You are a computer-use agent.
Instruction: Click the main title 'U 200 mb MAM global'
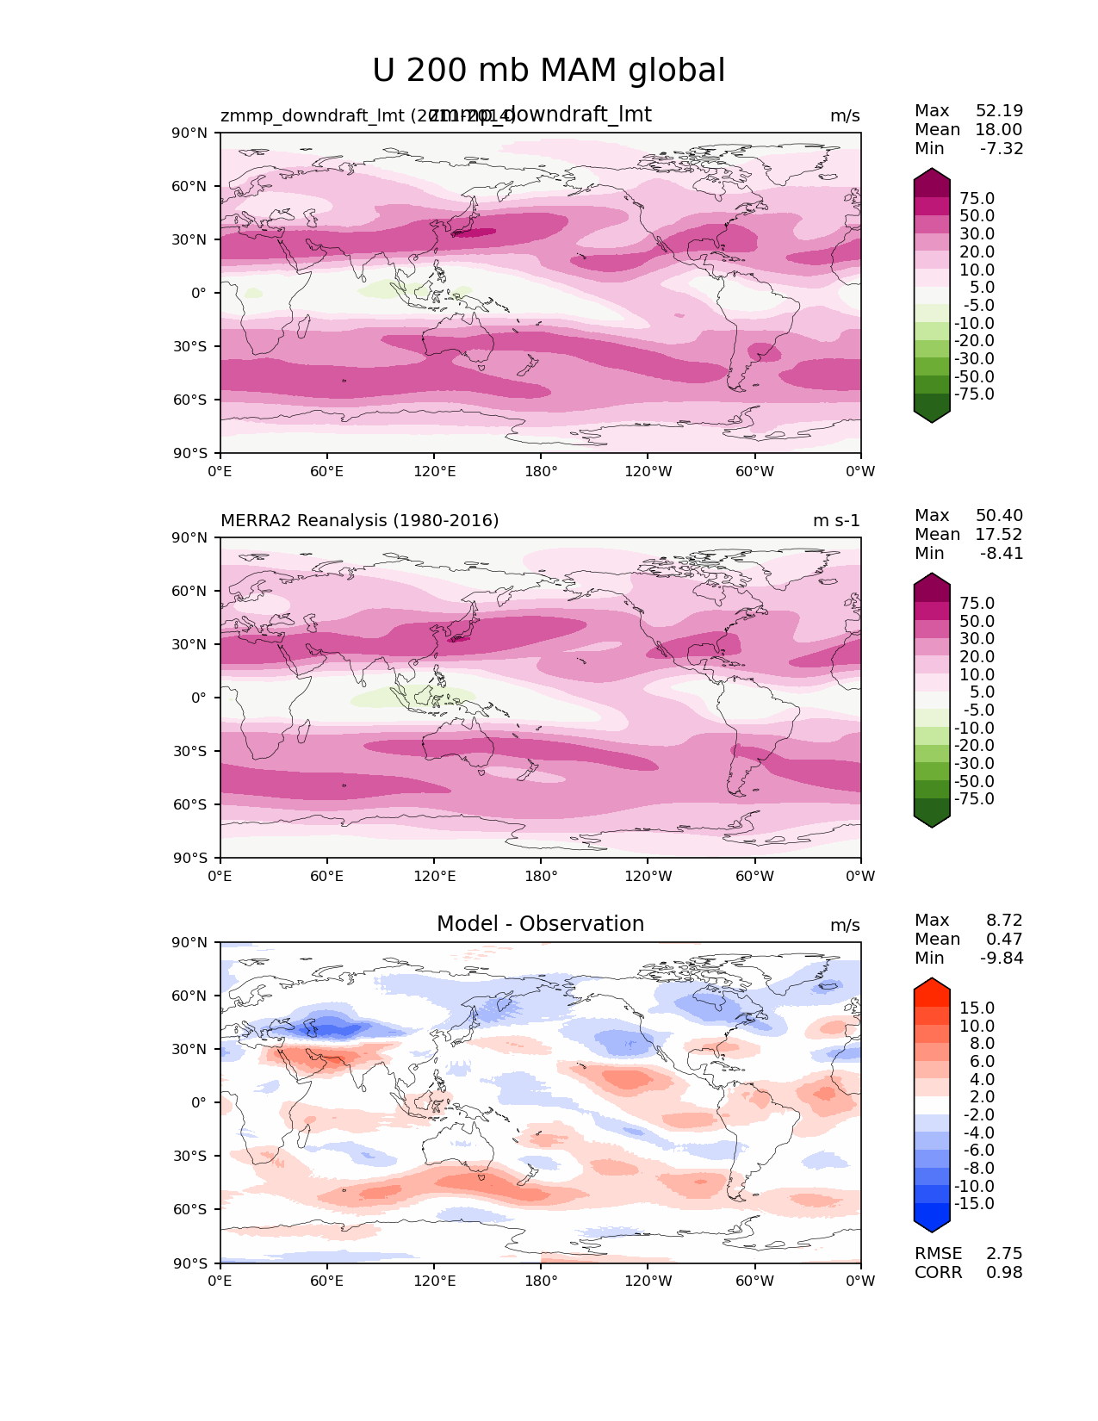coord(549,71)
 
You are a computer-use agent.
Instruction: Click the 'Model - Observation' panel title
coord(540,924)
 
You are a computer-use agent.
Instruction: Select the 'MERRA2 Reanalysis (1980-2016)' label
coord(360,521)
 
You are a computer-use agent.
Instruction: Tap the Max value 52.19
coord(999,111)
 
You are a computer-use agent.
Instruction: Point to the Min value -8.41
coord(1002,554)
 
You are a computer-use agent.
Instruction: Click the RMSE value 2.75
coord(1004,1254)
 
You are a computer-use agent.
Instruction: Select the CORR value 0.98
coord(1004,1273)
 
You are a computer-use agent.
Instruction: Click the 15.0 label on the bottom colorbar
coord(977,1008)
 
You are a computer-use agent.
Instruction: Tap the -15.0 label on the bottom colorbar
coord(974,1204)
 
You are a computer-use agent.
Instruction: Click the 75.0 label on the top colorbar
coord(977,199)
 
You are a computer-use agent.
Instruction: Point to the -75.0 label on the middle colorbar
coord(974,799)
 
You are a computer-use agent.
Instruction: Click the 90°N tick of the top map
coord(190,133)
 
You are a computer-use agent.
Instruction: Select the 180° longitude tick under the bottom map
coord(541,1281)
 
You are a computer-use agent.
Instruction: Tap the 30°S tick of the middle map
coord(190,751)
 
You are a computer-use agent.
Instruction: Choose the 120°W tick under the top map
coord(648,472)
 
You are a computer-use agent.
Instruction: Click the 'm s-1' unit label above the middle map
coord(836,521)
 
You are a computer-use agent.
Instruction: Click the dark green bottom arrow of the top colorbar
coord(932,411)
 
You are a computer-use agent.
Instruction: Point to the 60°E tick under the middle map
coord(327,877)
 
